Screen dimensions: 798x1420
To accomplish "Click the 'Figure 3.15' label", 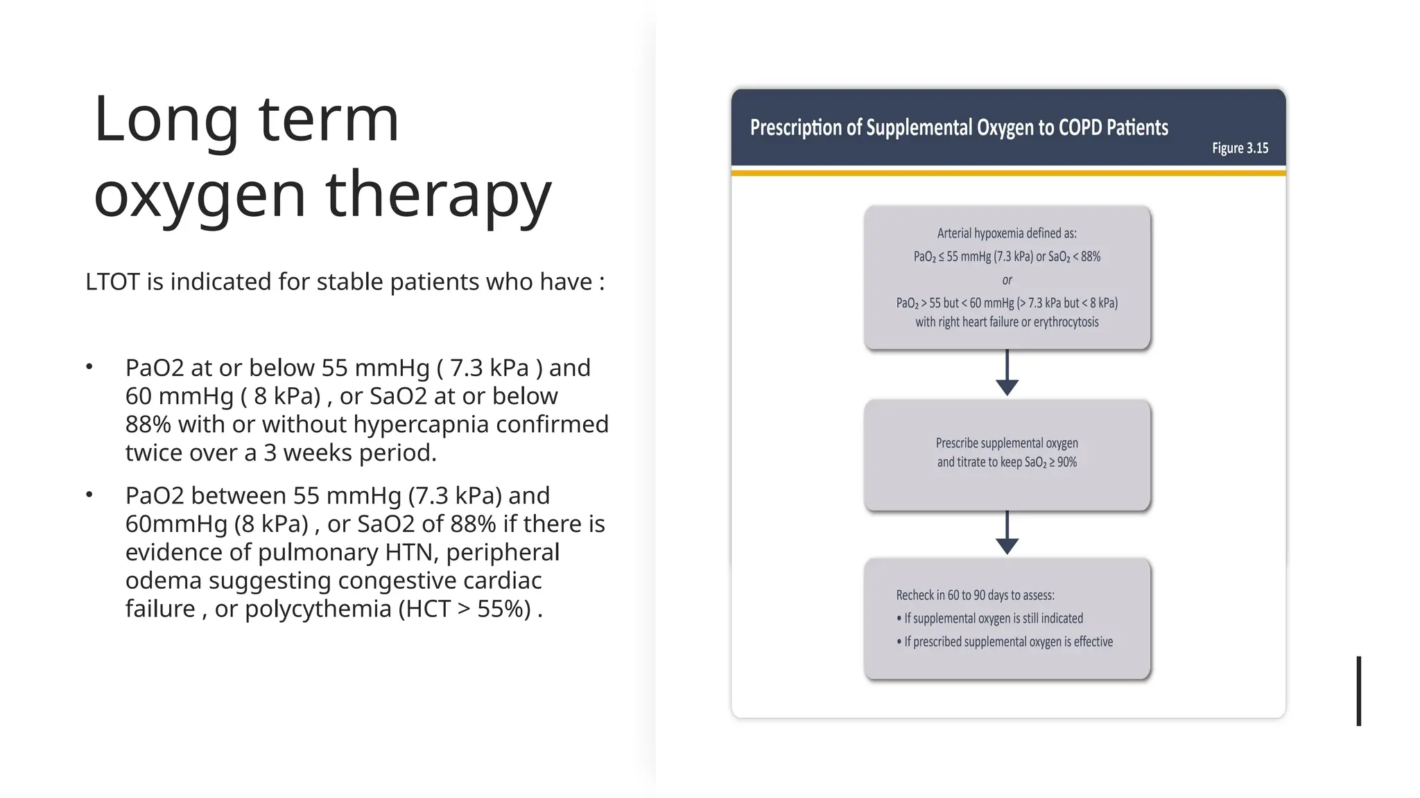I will [x=1240, y=148].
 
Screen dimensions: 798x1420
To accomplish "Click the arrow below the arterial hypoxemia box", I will [x=1007, y=374].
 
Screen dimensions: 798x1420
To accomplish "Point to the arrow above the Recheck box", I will [x=1007, y=533].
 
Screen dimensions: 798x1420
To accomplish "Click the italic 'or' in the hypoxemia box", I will [x=1007, y=280].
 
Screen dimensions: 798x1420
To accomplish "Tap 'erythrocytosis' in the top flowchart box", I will [x=1066, y=322].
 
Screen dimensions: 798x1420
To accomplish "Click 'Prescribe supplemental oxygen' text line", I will [x=1007, y=443].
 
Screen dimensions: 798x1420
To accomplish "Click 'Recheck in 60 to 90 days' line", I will [x=974, y=595].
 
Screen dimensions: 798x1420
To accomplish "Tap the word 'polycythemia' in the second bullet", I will [x=318, y=608].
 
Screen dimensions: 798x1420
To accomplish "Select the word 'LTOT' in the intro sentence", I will [x=112, y=282].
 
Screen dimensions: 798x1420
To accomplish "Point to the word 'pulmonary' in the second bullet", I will [x=318, y=552].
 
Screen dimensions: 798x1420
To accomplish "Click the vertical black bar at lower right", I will [x=1359, y=691].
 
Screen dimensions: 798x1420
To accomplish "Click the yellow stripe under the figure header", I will [x=1008, y=172].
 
